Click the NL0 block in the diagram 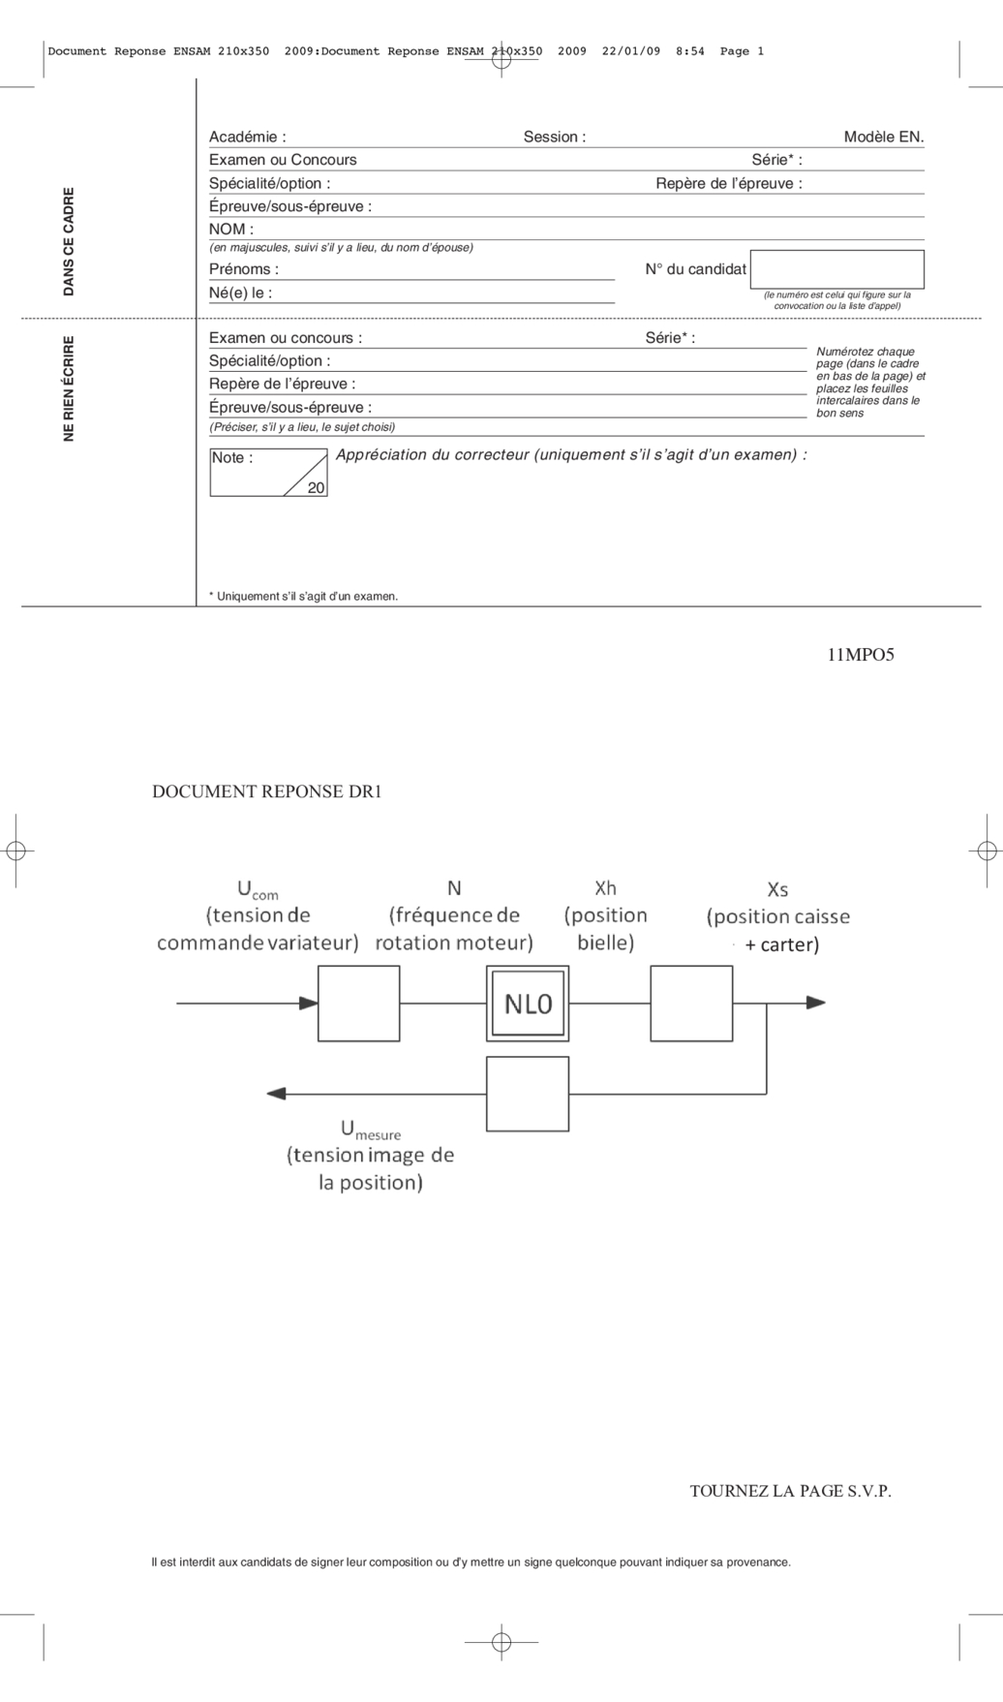528,1004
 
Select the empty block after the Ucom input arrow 358,1004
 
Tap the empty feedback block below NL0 528,1094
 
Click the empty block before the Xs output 691,1004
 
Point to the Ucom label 257,889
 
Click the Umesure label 370,1130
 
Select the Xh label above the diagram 605,888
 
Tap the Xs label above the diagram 777,889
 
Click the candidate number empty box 836,269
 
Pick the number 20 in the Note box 316,488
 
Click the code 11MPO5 860,655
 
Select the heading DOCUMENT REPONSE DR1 267,791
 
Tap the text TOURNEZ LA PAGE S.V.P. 790,1491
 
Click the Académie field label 247,138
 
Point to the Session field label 554,138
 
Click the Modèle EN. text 883,138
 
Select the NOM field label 231,230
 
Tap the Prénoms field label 243,269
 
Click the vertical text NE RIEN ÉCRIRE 69,388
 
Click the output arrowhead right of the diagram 816,1003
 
